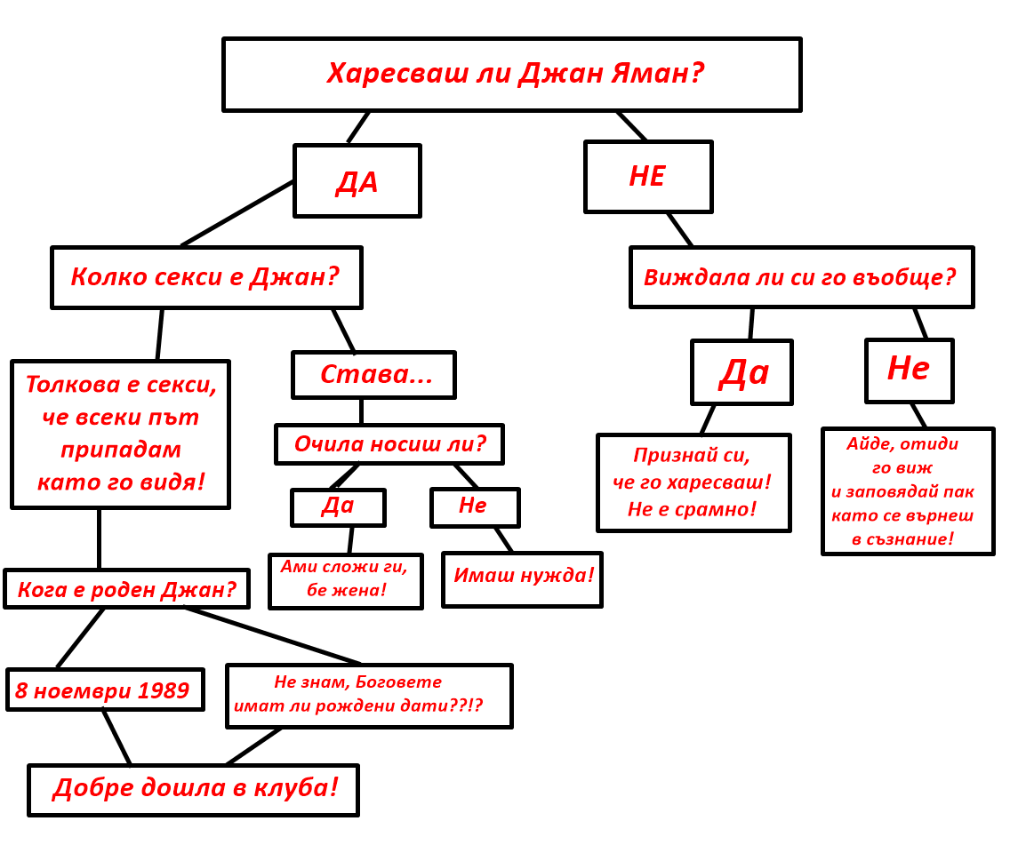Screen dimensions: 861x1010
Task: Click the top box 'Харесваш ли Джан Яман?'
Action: (x=511, y=75)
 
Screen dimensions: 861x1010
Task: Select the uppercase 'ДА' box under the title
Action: (x=357, y=181)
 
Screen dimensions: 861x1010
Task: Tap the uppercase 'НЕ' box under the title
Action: (x=648, y=177)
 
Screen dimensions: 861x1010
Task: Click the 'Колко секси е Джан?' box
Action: (x=206, y=277)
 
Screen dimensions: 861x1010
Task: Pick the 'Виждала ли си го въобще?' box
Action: (x=801, y=277)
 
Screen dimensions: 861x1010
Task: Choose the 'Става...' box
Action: (x=373, y=375)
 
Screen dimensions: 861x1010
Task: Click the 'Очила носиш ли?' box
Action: (x=389, y=444)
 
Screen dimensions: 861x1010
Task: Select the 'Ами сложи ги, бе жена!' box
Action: (x=345, y=581)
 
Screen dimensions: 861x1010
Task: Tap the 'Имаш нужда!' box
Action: (x=522, y=579)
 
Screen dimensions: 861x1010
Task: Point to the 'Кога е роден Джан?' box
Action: (x=126, y=589)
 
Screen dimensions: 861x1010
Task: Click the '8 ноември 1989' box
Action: (x=105, y=690)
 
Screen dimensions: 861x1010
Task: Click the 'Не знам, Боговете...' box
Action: (x=369, y=696)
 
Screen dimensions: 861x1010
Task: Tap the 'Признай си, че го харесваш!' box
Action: (x=693, y=482)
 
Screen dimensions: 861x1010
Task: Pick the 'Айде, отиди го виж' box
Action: (x=908, y=491)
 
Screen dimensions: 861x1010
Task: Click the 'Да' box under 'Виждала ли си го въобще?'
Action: (x=741, y=372)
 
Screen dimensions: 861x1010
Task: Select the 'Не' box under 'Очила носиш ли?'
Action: (x=475, y=507)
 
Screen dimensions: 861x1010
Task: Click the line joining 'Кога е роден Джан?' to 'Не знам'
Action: (x=272, y=635)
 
